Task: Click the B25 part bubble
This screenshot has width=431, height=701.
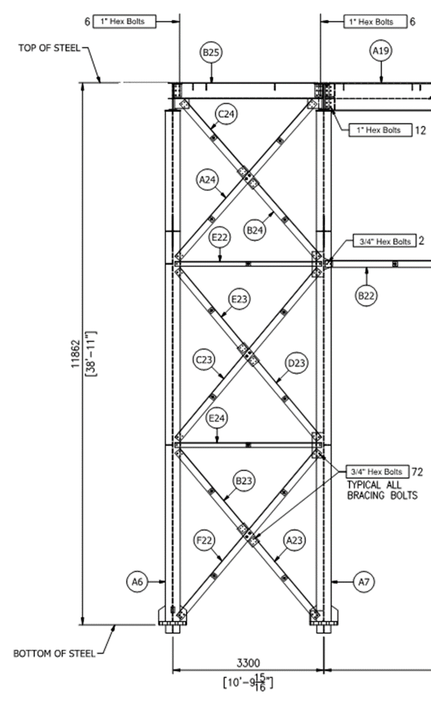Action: (x=211, y=53)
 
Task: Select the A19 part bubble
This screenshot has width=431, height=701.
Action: (x=381, y=53)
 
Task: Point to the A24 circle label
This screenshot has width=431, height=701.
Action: (x=208, y=179)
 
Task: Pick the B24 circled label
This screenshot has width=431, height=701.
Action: (x=256, y=229)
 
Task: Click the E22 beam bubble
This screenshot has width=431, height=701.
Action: (x=219, y=238)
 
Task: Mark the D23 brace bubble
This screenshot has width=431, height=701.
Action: (x=297, y=363)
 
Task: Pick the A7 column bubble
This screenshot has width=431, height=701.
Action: (x=364, y=581)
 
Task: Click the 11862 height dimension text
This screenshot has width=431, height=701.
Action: (x=75, y=353)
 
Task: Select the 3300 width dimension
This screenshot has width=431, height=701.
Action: (x=247, y=663)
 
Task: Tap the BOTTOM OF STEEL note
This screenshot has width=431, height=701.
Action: (x=54, y=653)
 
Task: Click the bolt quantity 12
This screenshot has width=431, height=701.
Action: (x=418, y=130)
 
